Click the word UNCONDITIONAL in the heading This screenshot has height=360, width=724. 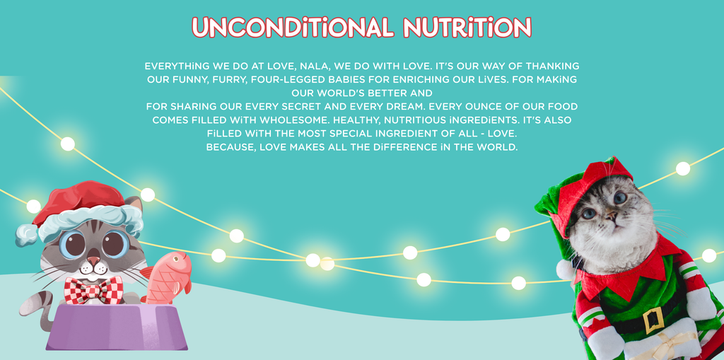(x=293, y=28)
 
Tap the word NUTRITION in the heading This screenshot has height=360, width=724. (x=467, y=28)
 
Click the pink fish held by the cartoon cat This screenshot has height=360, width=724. (x=167, y=277)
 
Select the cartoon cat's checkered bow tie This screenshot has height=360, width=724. (x=94, y=290)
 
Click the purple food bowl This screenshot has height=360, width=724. (x=117, y=327)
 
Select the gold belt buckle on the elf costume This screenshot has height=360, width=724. (x=653, y=320)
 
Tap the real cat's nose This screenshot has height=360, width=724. (x=611, y=215)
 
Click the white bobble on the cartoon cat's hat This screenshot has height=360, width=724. (x=26, y=235)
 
